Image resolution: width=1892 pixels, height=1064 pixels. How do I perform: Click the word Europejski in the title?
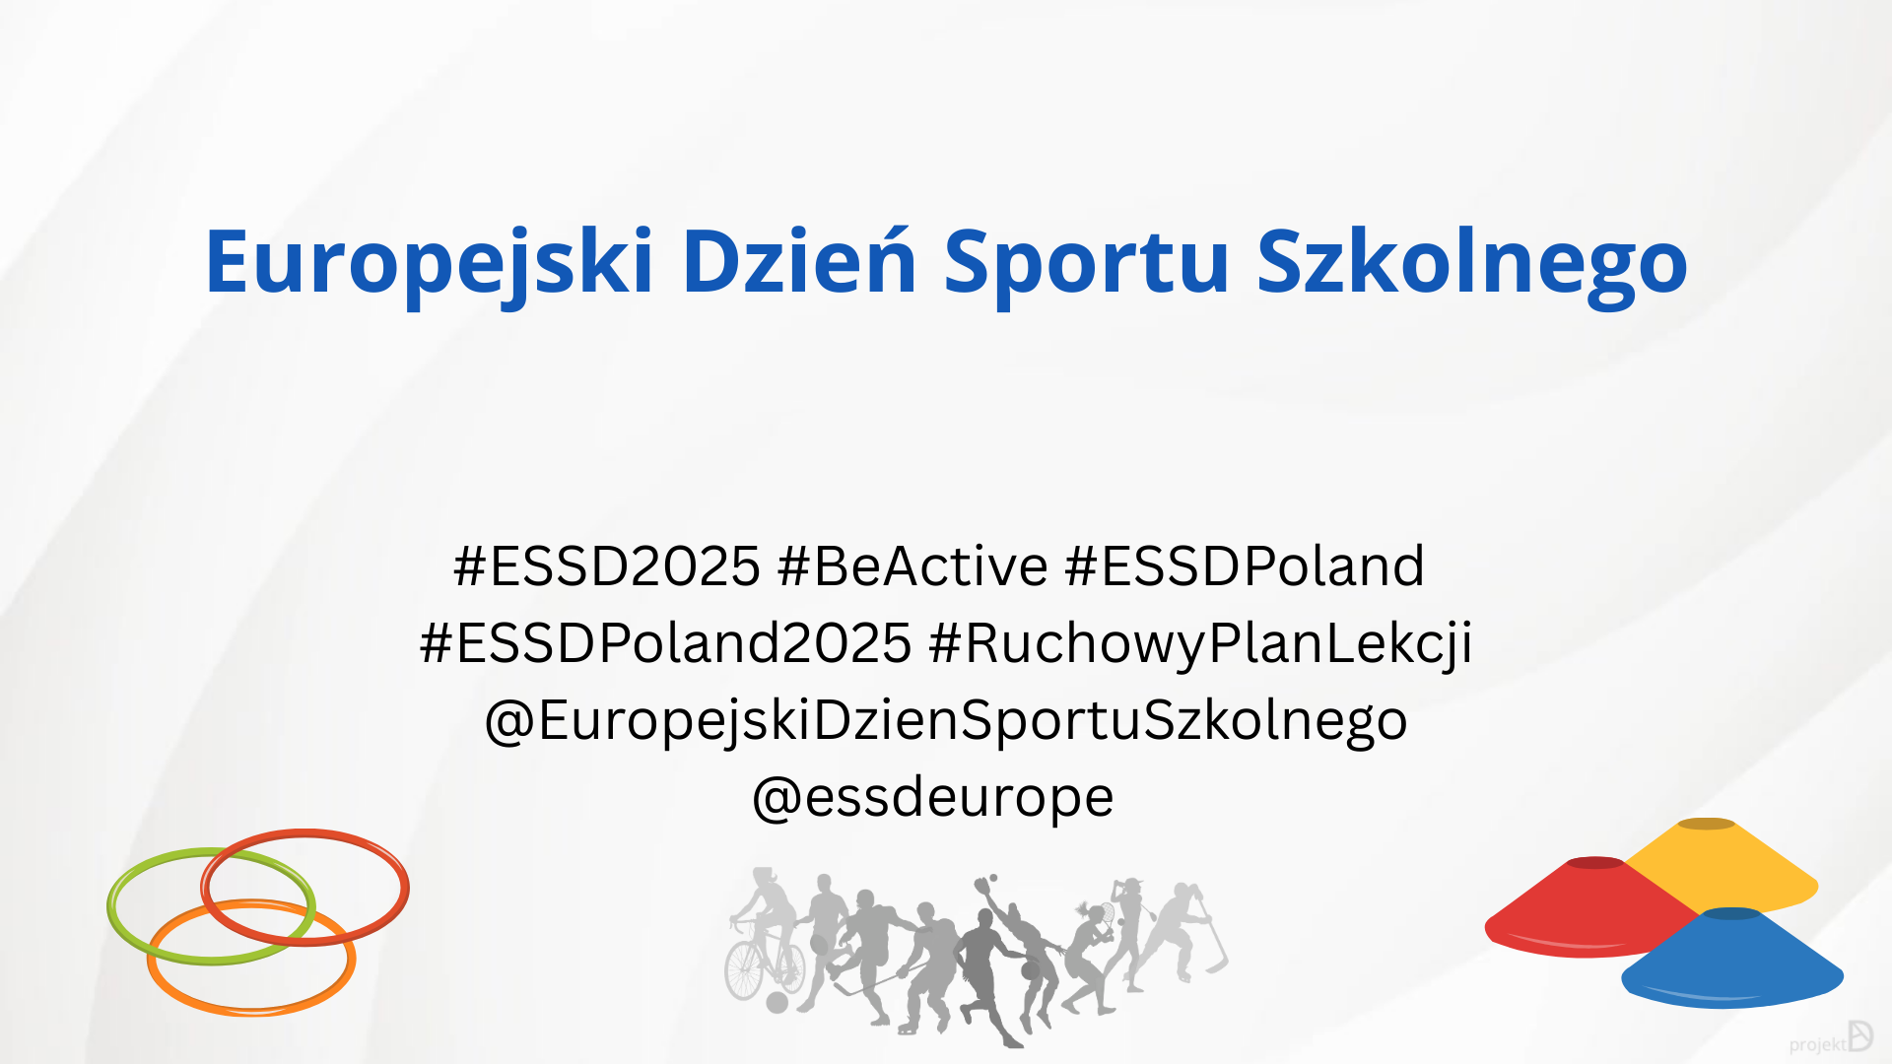430,263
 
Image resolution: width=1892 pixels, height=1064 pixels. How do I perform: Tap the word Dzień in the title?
799,261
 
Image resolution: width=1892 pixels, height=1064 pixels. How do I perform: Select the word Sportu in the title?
1087,263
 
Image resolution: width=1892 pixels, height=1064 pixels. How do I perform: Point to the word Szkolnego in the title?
1472,263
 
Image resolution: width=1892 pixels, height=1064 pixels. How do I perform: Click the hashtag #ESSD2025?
607,565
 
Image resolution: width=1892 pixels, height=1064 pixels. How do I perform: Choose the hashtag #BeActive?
912,565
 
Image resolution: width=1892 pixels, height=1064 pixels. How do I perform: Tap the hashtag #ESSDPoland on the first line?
1245,565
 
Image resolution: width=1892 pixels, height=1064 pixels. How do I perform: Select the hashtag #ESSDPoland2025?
666,642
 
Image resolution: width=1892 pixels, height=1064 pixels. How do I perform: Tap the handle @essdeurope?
932,798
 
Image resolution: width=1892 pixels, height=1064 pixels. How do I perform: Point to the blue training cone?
1732,958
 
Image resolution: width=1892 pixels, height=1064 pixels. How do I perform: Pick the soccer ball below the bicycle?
777,1003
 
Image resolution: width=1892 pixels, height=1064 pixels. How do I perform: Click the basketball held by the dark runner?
1030,971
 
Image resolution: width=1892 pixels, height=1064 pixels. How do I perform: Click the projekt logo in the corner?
1831,1038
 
